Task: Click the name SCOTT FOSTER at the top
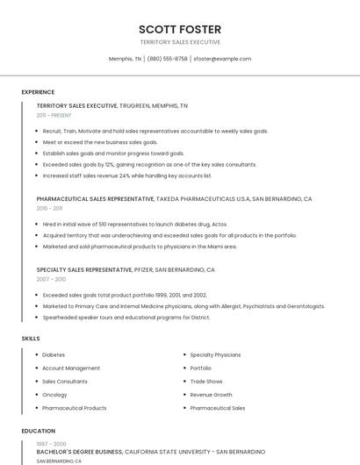tap(180, 29)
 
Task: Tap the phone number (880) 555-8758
tap(168, 59)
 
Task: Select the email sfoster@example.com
tap(222, 59)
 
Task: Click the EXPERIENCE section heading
tap(38, 92)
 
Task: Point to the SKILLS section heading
tap(31, 338)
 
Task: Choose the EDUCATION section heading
tap(39, 431)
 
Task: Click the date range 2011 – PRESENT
tap(54, 115)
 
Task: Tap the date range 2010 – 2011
tap(49, 209)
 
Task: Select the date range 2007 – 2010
tap(50, 279)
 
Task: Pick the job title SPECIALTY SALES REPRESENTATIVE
tap(84, 269)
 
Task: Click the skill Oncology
tap(54, 395)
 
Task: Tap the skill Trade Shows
tap(206, 382)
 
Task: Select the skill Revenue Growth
tap(211, 395)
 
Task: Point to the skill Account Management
tap(71, 368)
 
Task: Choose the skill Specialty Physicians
tap(215, 354)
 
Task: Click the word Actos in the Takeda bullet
tap(219, 224)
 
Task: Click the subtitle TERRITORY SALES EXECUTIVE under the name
tap(180, 42)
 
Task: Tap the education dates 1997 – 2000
tap(51, 444)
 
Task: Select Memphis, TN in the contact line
tap(125, 59)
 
